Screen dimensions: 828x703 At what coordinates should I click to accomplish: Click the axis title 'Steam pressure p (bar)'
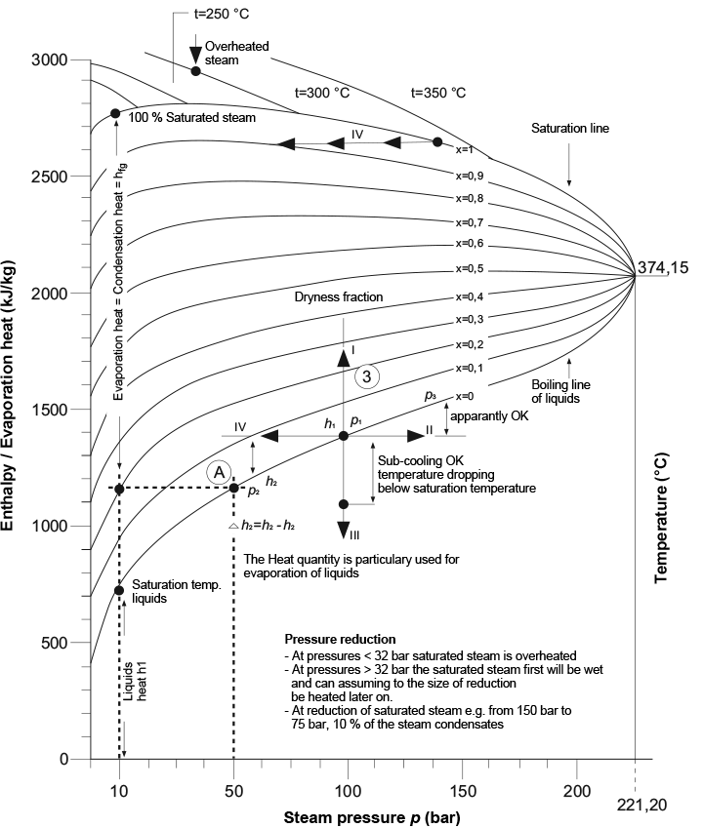tap(372, 815)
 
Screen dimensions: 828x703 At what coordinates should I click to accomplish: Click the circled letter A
tap(220, 471)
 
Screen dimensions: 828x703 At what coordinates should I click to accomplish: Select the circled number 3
tap(365, 376)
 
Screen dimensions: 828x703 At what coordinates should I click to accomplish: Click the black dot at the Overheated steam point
tap(195, 71)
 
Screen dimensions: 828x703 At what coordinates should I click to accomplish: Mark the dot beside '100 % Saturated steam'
tap(115, 113)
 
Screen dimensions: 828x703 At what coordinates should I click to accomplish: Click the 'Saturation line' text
tap(568, 128)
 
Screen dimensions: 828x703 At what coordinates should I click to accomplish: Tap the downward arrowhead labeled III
tap(344, 530)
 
